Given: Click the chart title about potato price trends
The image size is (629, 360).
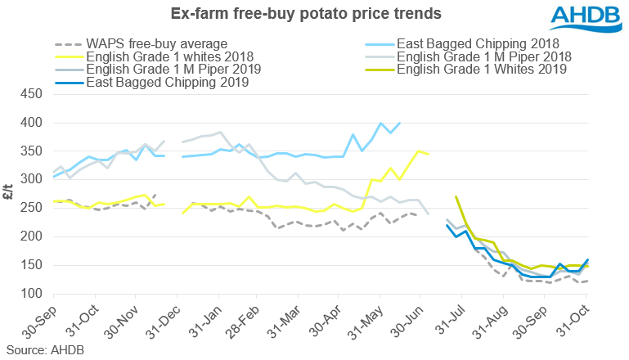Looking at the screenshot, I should (294, 14).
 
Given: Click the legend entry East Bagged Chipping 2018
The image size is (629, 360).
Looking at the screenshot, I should (478, 43).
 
